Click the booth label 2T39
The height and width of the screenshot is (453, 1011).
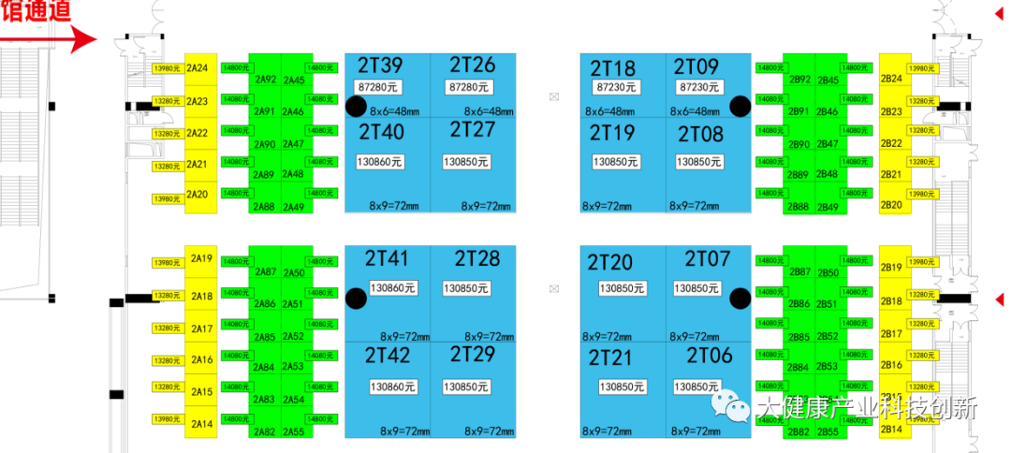point(380,65)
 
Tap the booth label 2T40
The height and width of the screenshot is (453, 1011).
point(381,133)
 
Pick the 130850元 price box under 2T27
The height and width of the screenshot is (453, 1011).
point(466,162)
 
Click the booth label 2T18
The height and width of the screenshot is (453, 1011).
point(612,67)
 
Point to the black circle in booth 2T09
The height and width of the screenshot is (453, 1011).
point(740,105)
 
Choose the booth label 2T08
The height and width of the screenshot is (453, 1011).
point(700,134)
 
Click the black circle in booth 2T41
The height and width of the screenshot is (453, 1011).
point(356,299)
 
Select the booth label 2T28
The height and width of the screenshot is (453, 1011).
point(477,258)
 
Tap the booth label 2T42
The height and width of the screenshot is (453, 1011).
point(387,356)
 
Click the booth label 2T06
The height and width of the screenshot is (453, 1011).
point(710,356)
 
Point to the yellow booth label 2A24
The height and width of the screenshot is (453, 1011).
point(197,68)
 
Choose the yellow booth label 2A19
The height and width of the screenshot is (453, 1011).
point(201,258)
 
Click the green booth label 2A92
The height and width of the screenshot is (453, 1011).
point(265,80)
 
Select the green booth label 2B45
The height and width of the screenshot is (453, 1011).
point(828,80)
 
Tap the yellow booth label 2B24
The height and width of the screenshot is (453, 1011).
point(891,79)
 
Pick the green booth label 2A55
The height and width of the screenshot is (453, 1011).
point(293,431)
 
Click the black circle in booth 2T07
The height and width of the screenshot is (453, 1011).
point(740,299)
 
